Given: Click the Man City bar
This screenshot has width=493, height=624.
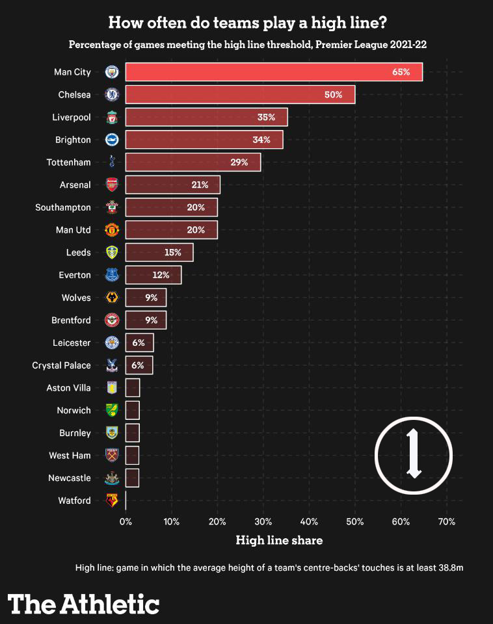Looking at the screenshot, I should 274,71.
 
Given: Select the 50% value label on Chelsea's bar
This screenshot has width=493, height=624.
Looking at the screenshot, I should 334,94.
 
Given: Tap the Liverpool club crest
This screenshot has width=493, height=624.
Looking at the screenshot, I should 112,117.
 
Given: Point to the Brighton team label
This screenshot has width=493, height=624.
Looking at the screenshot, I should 72,140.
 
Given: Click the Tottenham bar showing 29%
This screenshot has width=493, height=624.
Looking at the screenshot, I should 193,162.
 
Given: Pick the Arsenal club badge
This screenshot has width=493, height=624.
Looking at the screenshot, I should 112,185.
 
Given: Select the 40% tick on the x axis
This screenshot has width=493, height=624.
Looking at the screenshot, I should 309,521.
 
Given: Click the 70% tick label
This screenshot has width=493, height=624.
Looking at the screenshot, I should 446,521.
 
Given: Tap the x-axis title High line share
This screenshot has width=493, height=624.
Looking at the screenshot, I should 278,540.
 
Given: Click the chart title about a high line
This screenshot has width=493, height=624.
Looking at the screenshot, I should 247,23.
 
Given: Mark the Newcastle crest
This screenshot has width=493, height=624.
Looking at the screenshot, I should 112,478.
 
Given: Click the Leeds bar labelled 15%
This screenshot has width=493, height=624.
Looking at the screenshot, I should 159,252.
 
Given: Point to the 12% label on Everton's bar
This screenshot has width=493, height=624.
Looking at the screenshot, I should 161,275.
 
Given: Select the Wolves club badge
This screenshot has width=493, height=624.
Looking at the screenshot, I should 112,298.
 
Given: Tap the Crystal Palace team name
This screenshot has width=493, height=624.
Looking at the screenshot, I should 61,365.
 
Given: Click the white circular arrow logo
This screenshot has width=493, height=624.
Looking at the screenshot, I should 414,454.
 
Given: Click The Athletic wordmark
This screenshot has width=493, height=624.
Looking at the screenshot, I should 83,603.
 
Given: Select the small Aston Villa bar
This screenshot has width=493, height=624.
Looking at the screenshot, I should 133,388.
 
